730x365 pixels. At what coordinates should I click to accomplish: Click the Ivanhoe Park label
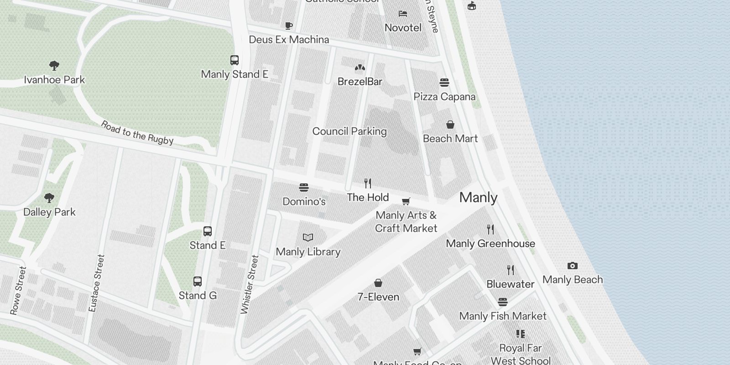[x=54, y=80]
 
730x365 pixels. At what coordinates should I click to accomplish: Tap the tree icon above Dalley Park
[x=49, y=198]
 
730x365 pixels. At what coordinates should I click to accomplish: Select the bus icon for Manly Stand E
[x=234, y=60]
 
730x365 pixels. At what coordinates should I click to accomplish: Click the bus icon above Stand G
[x=198, y=282]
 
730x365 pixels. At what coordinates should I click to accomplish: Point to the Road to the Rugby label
[x=137, y=133]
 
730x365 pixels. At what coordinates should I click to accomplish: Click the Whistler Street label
[x=250, y=284]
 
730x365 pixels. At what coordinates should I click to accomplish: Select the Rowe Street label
[x=18, y=290]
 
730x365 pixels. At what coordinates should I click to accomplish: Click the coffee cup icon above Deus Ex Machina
[x=288, y=26]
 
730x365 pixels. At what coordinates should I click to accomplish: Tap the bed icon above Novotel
[x=403, y=14]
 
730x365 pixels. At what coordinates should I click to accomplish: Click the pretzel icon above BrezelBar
[x=360, y=68]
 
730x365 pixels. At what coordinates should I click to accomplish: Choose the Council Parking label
[x=349, y=131]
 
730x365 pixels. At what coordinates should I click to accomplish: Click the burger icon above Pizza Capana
[x=444, y=83]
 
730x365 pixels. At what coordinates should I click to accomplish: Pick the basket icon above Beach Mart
[x=450, y=125]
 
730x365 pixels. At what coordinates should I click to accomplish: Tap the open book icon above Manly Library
[x=308, y=237]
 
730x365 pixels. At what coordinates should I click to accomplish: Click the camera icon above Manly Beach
[x=572, y=266]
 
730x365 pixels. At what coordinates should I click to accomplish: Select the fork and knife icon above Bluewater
[x=511, y=270]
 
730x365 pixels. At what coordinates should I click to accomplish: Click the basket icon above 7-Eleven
[x=378, y=283]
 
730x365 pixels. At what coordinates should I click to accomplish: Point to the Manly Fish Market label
[x=503, y=316]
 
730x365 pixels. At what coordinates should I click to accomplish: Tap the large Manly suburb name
[x=478, y=198]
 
